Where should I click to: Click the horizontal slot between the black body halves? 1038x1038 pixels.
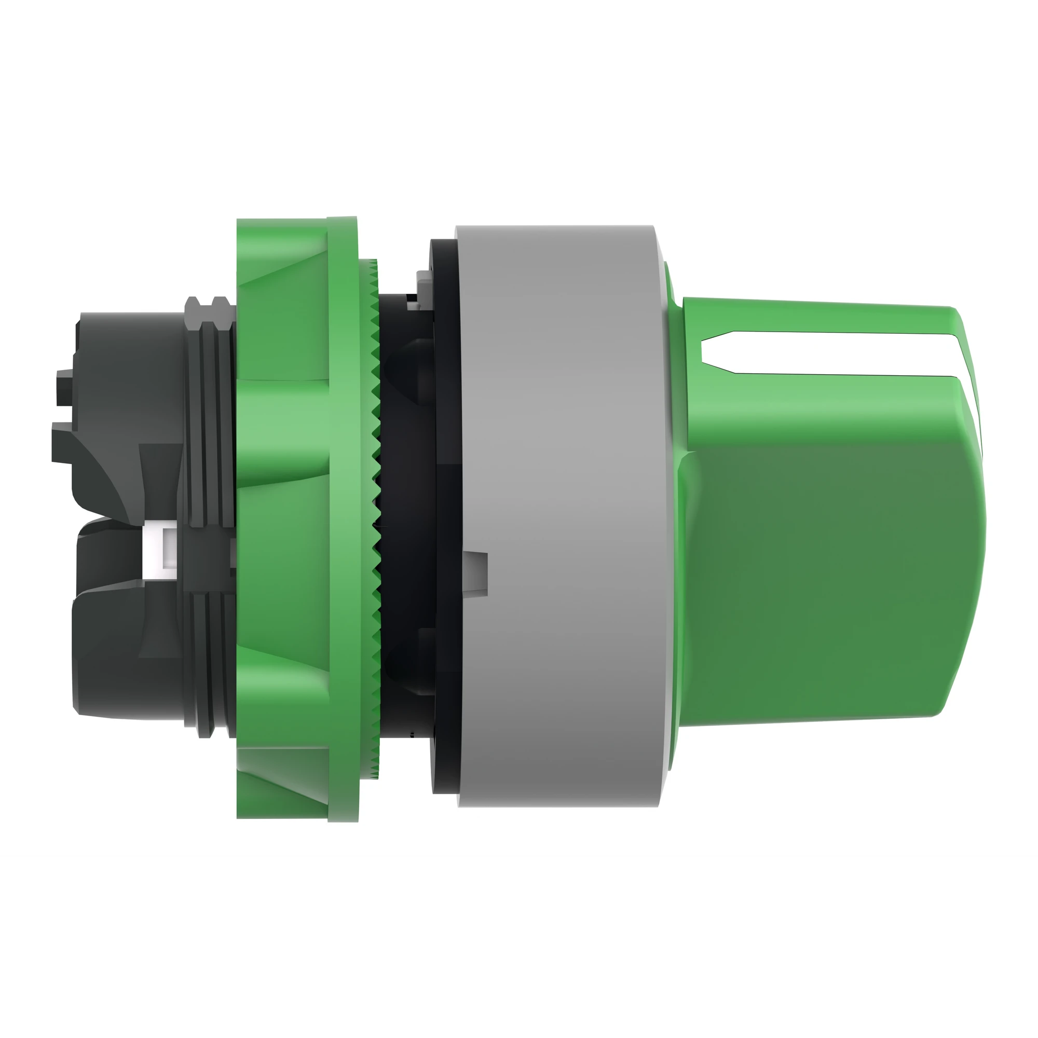107,518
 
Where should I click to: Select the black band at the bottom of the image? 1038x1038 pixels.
519,951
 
